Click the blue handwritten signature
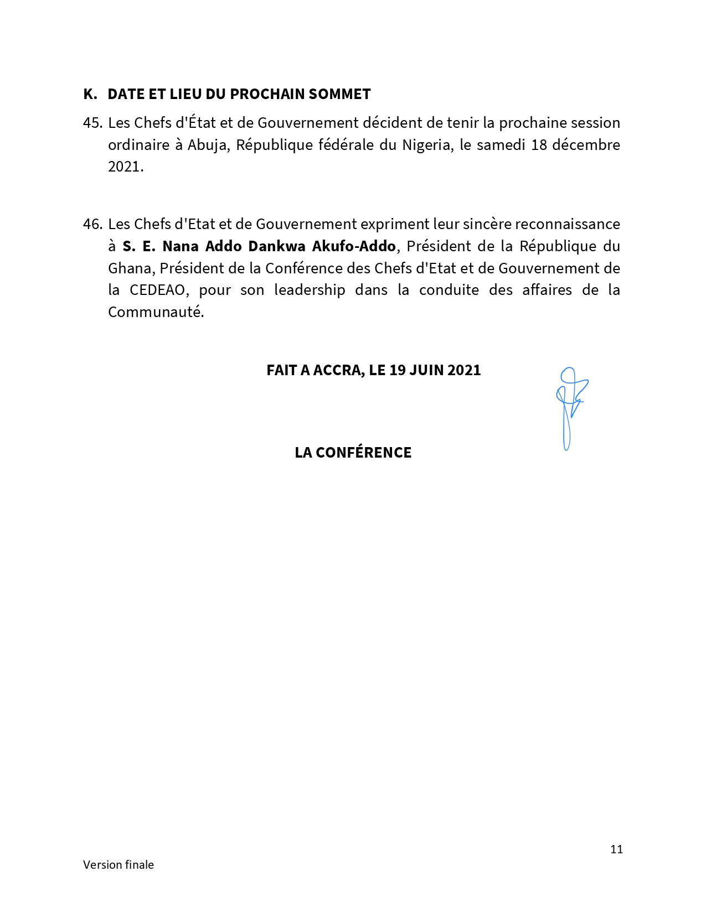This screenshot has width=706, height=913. [x=570, y=407]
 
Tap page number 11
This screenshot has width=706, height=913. [x=616, y=849]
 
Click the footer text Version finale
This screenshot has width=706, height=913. [x=118, y=865]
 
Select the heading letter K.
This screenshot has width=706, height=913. [x=89, y=94]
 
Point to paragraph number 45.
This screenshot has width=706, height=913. [x=92, y=123]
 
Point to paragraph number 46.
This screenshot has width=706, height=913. [x=92, y=224]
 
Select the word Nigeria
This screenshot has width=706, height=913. [x=426, y=145]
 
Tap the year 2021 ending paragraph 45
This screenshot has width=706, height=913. [x=125, y=167]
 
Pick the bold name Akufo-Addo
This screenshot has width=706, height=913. [x=354, y=246]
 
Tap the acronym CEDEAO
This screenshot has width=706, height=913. [x=157, y=290]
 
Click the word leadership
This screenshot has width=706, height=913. [x=310, y=290]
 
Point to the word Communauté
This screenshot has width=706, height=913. [x=155, y=312]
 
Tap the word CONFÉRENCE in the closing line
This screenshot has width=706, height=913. [x=363, y=453]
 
